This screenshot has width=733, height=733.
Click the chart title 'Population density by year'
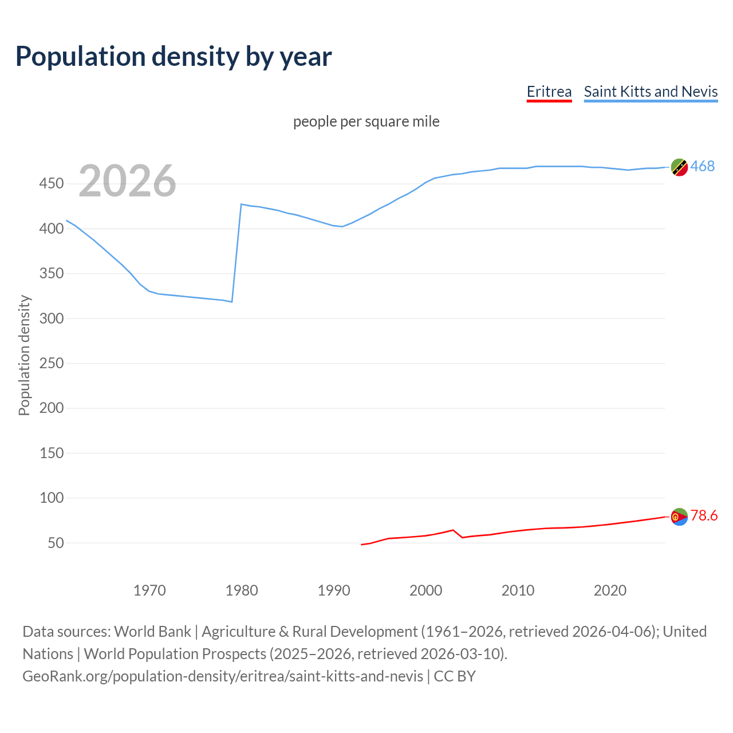click(x=174, y=56)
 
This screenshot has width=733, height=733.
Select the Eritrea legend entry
click(x=549, y=92)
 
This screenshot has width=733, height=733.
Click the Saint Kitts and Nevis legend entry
click(x=651, y=92)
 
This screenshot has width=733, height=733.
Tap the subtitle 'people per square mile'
click(x=366, y=121)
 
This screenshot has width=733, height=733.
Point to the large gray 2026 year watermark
click(x=127, y=181)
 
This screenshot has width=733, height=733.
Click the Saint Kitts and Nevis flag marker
click(x=679, y=167)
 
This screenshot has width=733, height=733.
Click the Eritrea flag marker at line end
click(x=679, y=517)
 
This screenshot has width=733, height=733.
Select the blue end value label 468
click(x=702, y=166)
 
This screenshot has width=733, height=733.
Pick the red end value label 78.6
click(x=704, y=516)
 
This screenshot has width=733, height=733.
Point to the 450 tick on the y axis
click(x=52, y=184)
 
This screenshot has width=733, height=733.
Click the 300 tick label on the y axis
click(x=52, y=318)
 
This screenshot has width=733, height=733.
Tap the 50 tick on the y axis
click(x=56, y=543)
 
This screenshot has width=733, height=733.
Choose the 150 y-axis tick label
click(x=52, y=453)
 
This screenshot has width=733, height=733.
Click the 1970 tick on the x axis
click(x=149, y=590)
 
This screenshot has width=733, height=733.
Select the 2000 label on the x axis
click(x=425, y=590)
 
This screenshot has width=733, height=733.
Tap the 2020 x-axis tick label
click(x=610, y=590)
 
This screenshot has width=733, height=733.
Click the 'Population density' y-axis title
click(x=24, y=355)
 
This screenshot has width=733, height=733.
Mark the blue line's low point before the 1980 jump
click(x=231, y=302)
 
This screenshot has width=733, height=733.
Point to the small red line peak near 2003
click(x=453, y=530)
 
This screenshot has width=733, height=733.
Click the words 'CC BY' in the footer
click(x=455, y=676)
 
